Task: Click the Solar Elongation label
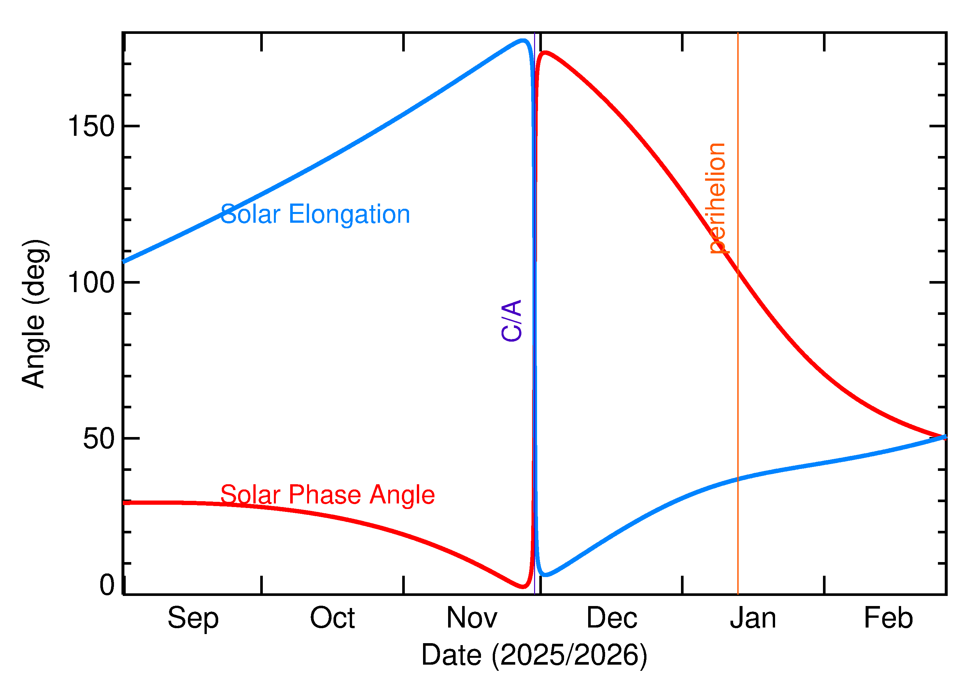315,214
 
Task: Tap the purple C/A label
512,320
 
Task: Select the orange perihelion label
717,199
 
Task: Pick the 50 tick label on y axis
99,438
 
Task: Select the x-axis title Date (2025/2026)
534,655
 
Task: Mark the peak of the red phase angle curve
545,52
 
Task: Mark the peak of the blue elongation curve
523,40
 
